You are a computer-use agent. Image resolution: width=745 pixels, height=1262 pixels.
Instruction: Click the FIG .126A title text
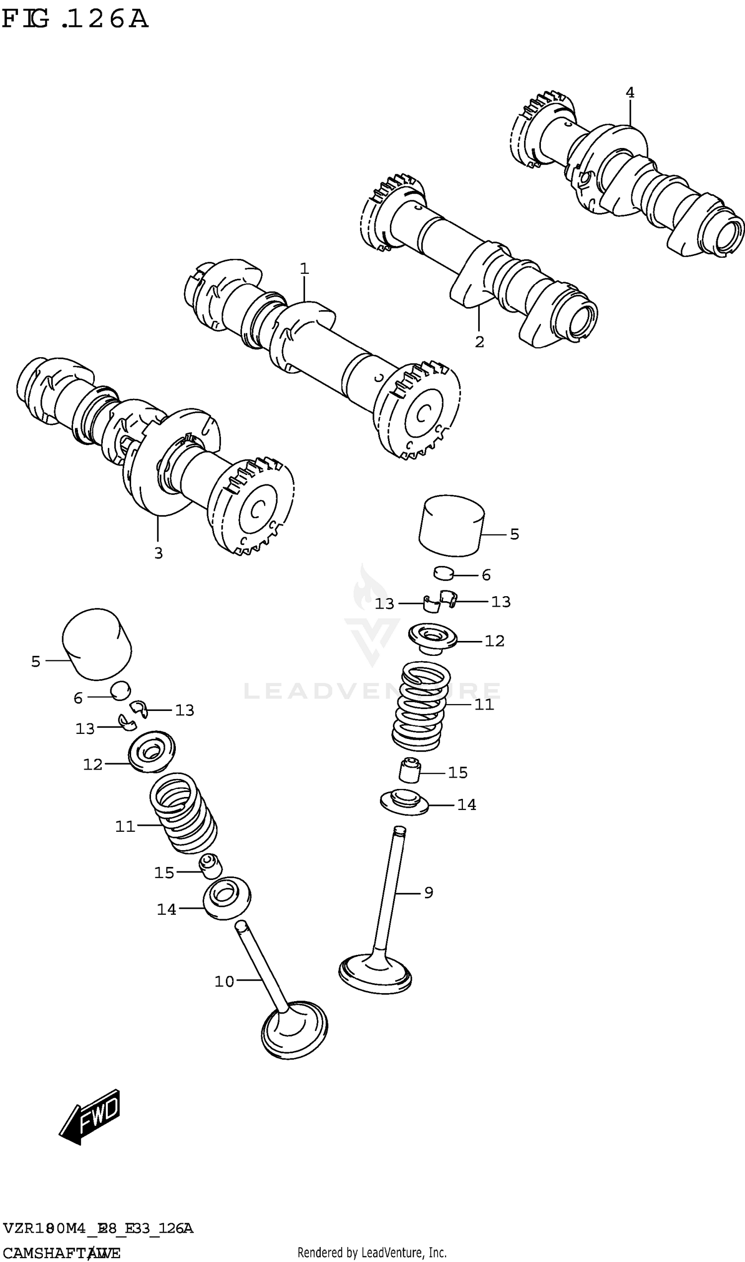pos(75,19)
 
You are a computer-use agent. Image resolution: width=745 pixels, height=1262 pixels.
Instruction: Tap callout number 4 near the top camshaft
pos(630,92)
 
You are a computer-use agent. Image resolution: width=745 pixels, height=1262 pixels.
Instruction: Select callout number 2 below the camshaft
pos(479,342)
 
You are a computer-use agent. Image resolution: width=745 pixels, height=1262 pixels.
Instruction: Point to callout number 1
pos(304,269)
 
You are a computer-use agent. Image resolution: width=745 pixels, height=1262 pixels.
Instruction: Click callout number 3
pos(158,553)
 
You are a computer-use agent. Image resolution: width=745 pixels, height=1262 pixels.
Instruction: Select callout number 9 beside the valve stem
pos(429,892)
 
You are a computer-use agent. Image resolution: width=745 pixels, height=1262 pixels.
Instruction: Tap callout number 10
pos(224,981)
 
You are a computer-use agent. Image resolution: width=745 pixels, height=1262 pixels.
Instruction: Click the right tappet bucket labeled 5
pos(451,526)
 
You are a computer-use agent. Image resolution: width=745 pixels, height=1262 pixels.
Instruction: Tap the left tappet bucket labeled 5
pos(97,644)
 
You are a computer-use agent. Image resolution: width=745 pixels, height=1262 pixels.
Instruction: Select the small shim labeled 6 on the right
pos(444,572)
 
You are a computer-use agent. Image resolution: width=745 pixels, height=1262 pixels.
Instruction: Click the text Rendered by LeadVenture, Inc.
pos(372,1253)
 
